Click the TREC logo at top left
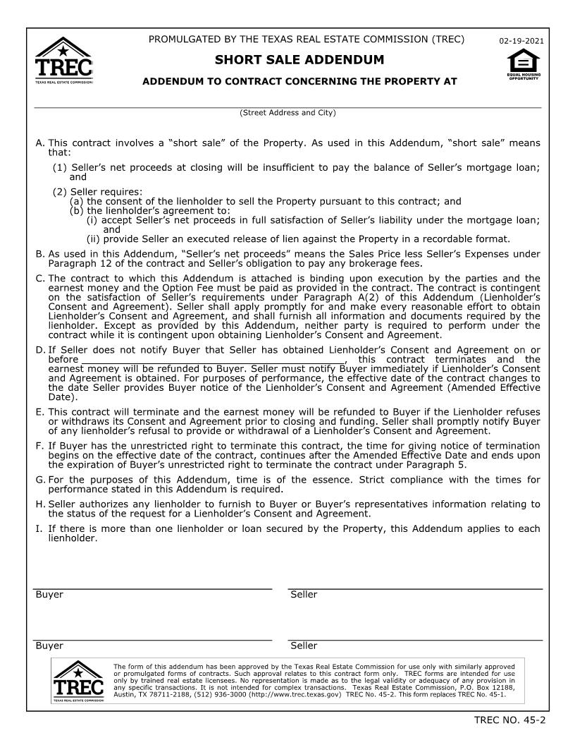63,61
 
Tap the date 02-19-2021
521,42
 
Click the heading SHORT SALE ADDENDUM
299,60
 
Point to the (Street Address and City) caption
287,113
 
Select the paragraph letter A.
39,143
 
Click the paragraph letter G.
39,480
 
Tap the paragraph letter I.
38,529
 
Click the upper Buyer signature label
49,595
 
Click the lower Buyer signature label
49,646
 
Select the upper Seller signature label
304,595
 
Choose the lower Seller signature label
304,646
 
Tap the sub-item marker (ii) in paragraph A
93,238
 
